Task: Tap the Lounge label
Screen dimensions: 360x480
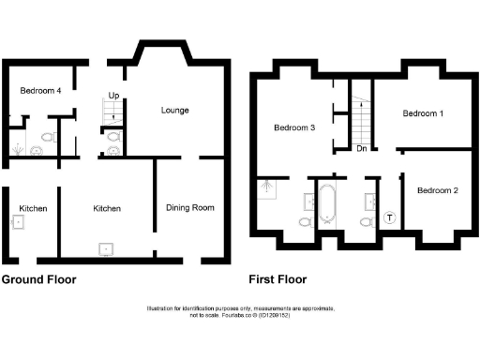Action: click(174, 110)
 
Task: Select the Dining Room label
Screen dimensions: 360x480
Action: click(190, 207)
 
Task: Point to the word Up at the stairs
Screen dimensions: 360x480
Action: click(113, 96)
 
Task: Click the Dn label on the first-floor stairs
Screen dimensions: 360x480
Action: click(361, 148)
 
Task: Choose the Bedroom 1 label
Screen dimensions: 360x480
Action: click(423, 113)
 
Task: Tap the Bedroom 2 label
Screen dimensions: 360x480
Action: click(437, 190)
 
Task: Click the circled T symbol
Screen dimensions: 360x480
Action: click(390, 218)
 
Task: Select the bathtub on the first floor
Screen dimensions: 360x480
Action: click(327, 205)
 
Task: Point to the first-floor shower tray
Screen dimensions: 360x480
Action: click(269, 187)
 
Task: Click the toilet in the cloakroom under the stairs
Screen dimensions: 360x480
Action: click(114, 137)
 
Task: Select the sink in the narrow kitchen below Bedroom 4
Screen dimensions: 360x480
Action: click(18, 222)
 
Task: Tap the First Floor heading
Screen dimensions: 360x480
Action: click(277, 279)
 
